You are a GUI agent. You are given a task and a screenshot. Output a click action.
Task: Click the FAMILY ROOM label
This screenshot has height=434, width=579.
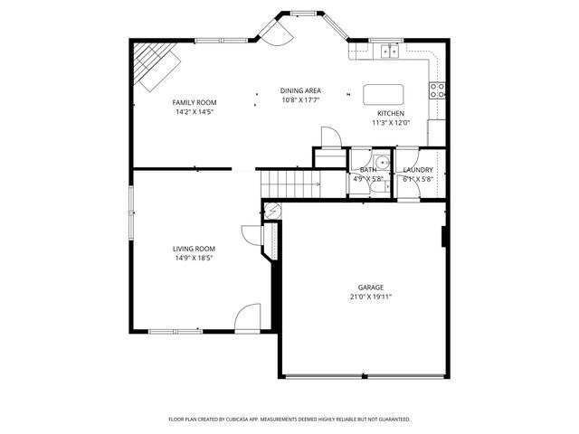tap(195, 102)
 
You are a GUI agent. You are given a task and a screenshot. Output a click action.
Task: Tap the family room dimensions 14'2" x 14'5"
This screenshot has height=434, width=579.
tap(195, 112)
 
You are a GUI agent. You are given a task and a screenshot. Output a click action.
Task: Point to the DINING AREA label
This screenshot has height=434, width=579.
tap(300, 90)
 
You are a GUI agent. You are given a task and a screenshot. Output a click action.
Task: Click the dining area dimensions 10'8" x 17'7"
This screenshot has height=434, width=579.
tap(300, 100)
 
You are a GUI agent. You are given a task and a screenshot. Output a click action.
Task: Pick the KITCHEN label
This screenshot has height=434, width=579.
tap(391, 113)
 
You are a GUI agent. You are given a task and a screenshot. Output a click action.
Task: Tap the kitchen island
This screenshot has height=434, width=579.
tap(382, 94)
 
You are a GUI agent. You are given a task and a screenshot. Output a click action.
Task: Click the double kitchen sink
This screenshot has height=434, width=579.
tap(390, 52)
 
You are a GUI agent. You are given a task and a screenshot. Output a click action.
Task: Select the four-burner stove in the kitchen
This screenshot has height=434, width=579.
tap(437, 90)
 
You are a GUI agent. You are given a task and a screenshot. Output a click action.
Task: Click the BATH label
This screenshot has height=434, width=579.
tap(367, 169)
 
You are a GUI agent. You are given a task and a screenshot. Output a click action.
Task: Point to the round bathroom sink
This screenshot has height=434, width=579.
tap(382, 163)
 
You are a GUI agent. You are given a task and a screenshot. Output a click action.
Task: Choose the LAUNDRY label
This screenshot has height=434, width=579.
tap(418, 169)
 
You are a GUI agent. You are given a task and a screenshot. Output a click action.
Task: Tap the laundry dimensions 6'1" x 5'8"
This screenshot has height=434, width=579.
tap(418, 179)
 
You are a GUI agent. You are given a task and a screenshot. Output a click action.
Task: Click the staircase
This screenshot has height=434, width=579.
tap(289, 183)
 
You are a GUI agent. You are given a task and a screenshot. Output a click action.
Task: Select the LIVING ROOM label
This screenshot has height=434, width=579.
tap(195, 248)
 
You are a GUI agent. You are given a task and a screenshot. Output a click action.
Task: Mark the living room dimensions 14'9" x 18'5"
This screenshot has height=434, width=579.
tap(195, 258)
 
